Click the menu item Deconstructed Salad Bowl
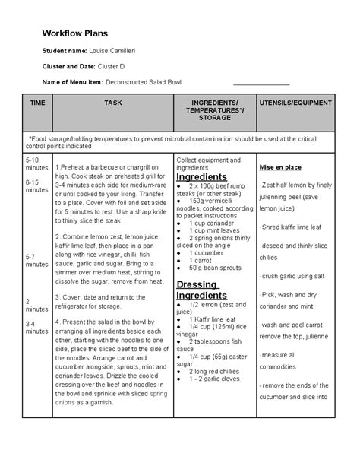[144, 82]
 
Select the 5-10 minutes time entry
[36, 165]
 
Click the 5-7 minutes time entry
[36, 262]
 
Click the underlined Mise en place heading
[280, 167]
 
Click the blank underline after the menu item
[261, 84]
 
